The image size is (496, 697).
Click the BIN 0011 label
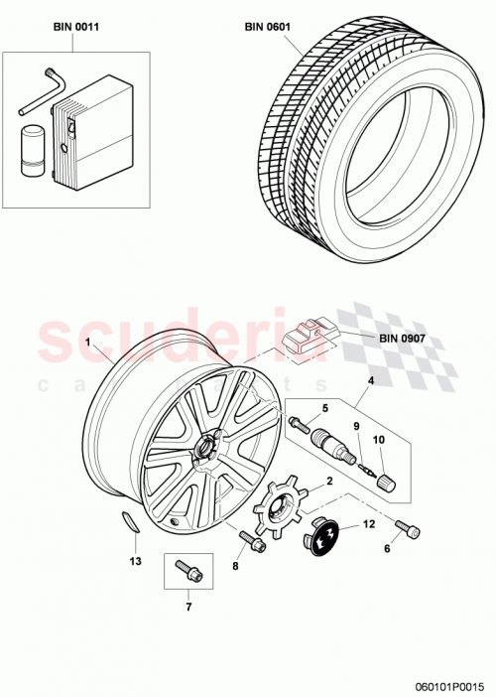75,30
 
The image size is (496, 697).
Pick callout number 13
135,561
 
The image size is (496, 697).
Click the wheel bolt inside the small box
186,570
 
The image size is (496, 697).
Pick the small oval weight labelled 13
128,522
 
